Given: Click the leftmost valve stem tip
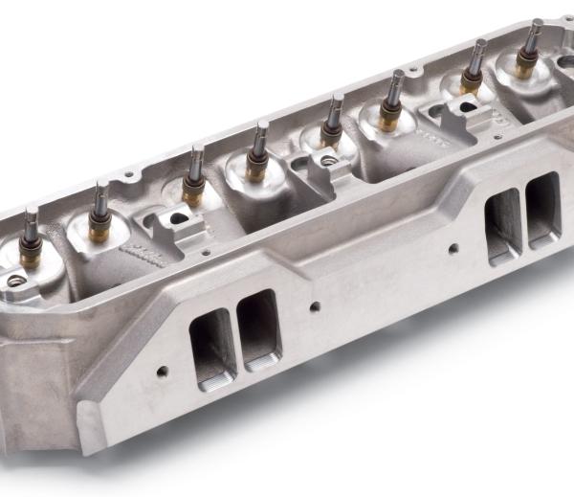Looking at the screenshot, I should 31,213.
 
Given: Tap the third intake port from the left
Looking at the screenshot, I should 504,226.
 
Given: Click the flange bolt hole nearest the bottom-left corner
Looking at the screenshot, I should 162,372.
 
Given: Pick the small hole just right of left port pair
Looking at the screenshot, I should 316,307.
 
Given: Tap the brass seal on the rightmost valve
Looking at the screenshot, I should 526,69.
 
